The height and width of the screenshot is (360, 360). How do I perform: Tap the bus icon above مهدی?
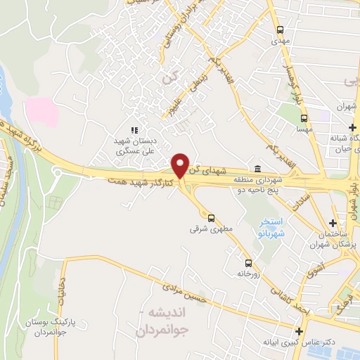281,30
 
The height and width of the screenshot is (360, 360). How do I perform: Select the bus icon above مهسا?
303,119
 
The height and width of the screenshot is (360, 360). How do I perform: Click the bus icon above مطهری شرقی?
212,218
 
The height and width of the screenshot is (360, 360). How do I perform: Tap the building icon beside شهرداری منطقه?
257,169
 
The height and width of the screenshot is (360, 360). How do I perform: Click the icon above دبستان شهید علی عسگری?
134,130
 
